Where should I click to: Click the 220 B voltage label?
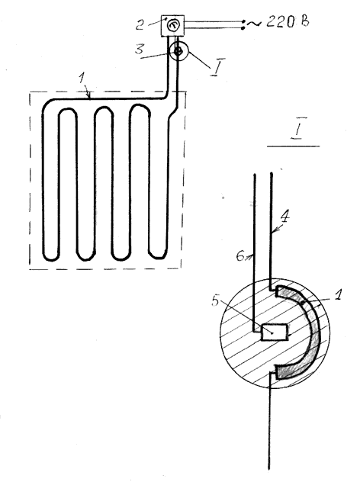(288, 22)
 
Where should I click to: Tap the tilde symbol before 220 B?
(255, 23)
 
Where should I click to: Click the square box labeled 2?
(172, 25)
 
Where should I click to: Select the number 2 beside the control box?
(140, 24)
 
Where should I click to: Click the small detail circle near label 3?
(178, 52)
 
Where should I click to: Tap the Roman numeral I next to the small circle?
(217, 67)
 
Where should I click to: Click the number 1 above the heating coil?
(82, 78)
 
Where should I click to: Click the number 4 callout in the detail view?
(284, 217)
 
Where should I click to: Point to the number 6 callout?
(240, 256)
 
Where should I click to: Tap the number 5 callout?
(216, 300)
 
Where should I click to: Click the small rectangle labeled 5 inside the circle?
(274, 332)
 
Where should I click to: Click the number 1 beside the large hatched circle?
(337, 294)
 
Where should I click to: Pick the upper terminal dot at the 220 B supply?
(243, 21)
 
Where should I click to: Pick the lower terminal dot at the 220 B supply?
(243, 28)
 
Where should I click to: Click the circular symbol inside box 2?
(172, 25)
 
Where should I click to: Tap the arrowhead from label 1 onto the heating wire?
(89, 97)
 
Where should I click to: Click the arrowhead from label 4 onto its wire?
(274, 230)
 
